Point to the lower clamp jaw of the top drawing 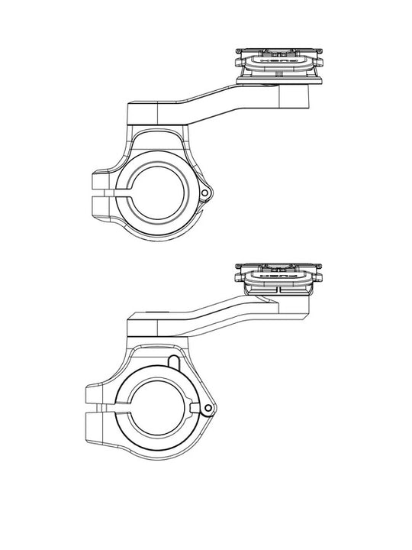pyautogui.click(x=105, y=206)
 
